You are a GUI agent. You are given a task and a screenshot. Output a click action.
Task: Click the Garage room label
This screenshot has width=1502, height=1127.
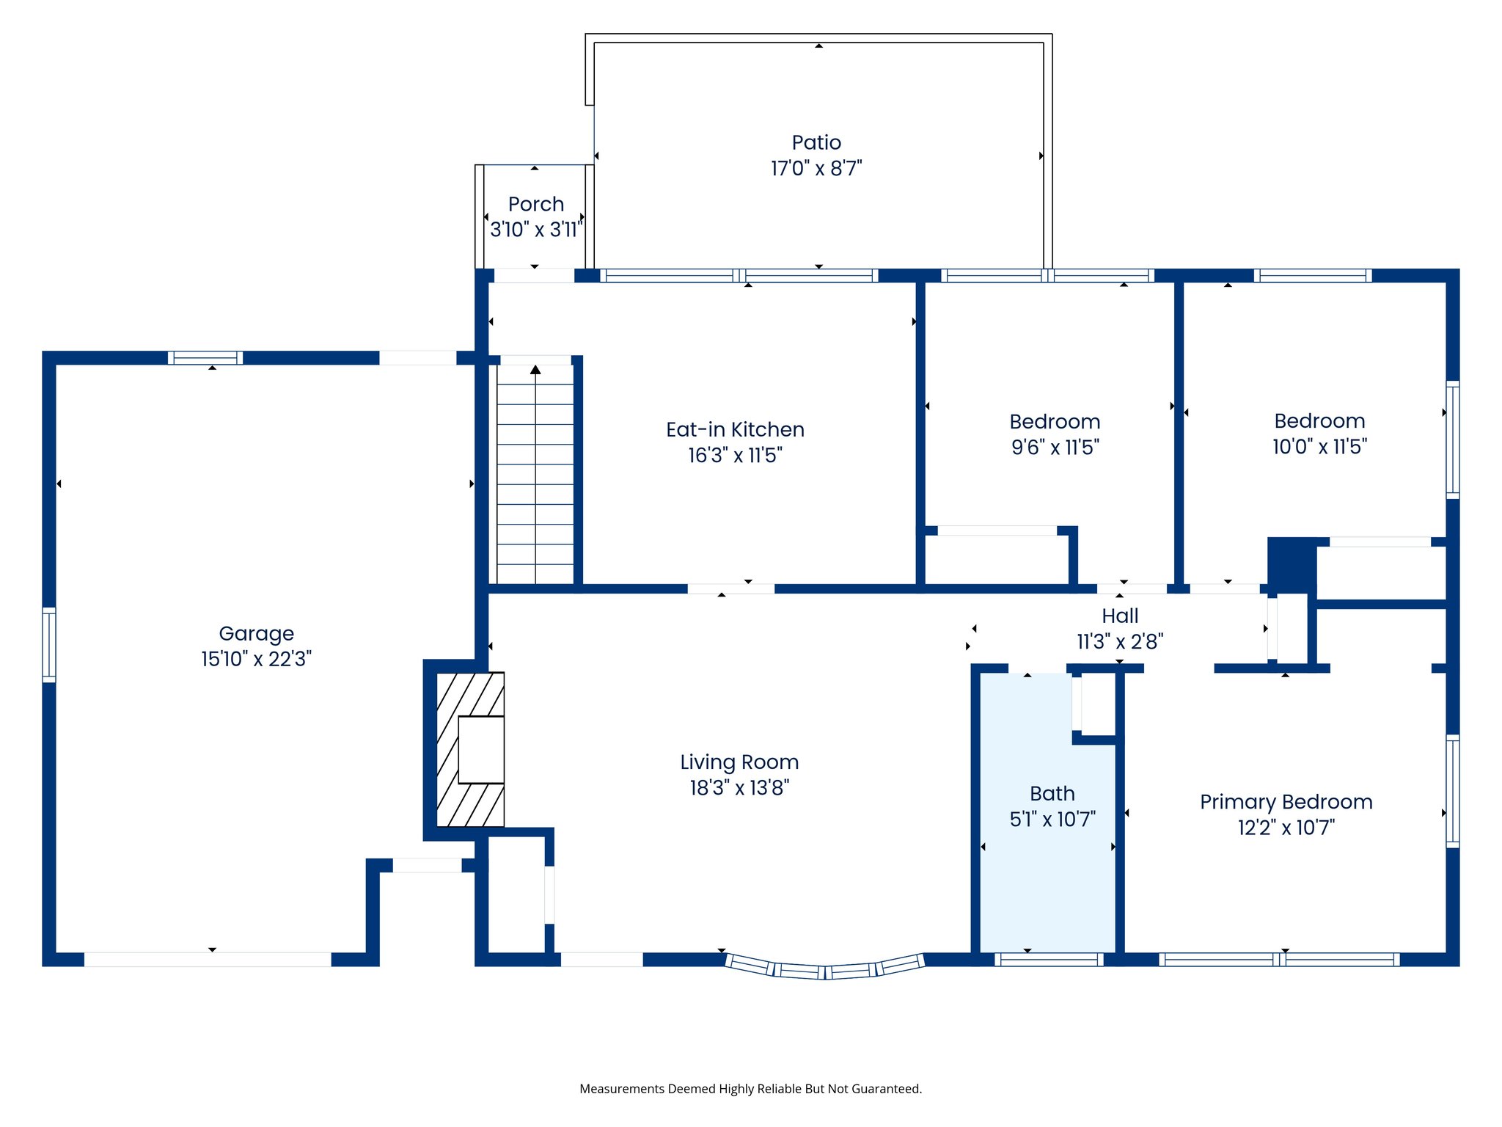(256, 633)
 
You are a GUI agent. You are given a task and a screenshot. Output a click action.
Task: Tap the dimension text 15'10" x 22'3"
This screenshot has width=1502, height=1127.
(256, 659)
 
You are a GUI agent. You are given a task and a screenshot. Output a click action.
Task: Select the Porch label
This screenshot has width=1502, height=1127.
(536, 204)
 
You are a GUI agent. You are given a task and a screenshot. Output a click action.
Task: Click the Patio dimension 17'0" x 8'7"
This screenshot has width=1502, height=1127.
(816, 169)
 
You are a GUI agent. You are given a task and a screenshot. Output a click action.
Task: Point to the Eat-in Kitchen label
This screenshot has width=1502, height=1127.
(735, 430)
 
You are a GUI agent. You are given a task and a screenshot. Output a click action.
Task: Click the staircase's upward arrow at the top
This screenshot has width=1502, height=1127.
(535, 370)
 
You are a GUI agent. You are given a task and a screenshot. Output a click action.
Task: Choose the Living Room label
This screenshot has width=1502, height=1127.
(739, 762)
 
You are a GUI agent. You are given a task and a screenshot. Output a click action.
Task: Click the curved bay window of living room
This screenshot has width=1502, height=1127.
(824, 969)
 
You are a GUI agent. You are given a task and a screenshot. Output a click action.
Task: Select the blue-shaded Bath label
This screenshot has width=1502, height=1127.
(1052, 794)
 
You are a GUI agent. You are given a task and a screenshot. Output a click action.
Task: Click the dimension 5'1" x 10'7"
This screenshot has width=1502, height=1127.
(1052, 820)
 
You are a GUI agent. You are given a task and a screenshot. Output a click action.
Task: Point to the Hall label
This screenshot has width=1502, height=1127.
(1120, 616)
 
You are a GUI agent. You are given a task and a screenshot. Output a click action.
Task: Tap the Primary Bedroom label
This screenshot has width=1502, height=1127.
(1286, 802)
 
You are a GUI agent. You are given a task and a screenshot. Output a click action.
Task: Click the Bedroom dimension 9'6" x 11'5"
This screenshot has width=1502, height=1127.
(1055, 448)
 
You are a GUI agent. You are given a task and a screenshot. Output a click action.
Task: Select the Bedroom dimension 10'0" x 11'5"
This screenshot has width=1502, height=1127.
(1319, 447)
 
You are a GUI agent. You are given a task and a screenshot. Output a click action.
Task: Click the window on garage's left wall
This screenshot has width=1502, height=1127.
(49, 644)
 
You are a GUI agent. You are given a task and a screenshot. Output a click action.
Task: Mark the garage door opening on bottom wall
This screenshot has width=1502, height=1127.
(208, 959)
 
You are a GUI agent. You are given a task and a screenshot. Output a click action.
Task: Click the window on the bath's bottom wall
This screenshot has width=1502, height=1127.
(1049, 959)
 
